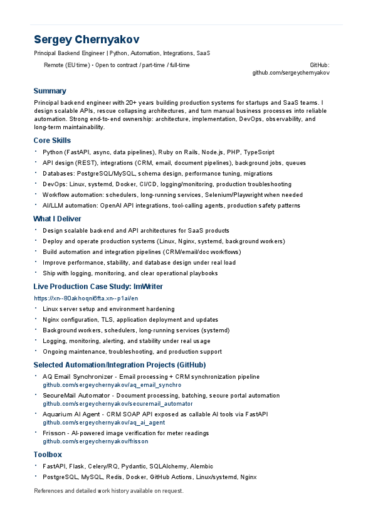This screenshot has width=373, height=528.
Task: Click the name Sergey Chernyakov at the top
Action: pyautogui.click(x=87, y=39)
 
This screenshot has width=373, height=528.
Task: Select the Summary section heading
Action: pyautogui.click(x=50, y=91)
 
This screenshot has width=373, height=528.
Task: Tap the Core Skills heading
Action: pyautogui.click(x=52, y=140)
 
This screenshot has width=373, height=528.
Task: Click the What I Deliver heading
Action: pyautogui.click(x=57, y=219)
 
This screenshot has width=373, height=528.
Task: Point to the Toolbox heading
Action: pyautogui.click(x=48, y=454)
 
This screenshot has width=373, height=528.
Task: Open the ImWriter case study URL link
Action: pyautogui.click(x=86, y=298)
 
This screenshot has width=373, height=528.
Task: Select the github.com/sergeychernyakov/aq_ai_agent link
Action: pyautogui.click(x=104, y=423)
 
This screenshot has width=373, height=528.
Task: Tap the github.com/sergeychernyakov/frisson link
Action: pyautogui.click(x=95, y=441)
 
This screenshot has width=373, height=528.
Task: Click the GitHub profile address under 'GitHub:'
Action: pyautogui.click(x=291, y=73)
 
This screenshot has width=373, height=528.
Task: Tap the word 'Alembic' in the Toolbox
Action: pyautogui.click(x=201, y=467)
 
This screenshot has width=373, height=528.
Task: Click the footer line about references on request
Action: pyautogui.click(x=108, y=490)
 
